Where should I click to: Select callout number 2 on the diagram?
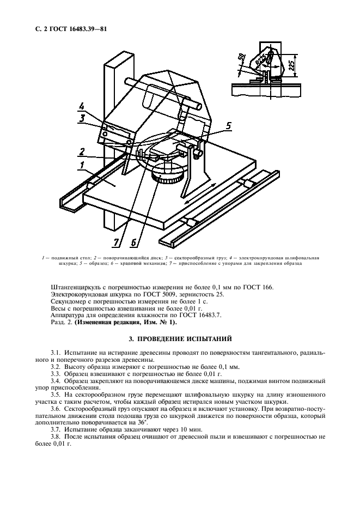pyautogui.click(x=81, y=152)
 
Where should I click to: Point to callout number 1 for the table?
pyautogui.click(x=81, y=165)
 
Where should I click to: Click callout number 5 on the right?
pyautogui.click(x=228, y=126)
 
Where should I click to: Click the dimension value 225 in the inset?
pyautogui.click(x=292, y=65)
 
